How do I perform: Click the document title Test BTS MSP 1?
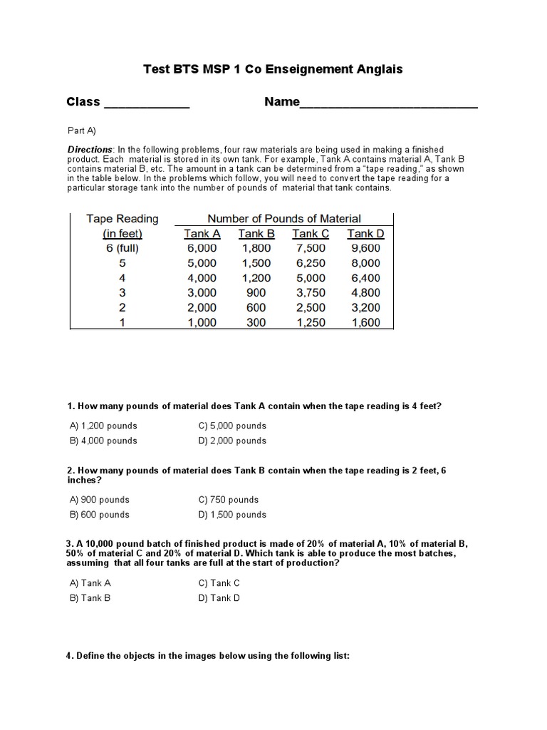pos(273,69)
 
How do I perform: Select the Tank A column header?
pos(202,234)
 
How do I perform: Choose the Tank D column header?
pos(365,234)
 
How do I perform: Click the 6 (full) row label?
pos(122,248)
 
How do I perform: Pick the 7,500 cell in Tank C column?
pos(310,248)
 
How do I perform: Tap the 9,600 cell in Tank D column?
pos(365,248)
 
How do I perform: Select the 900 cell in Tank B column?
pos(256,292)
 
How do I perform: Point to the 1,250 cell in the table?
pos(310,322)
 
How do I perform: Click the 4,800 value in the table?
pos(365,292)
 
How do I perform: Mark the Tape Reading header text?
pos(122,219)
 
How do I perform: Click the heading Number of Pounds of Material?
pos(283,219)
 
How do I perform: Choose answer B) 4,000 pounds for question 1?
pos(103,441)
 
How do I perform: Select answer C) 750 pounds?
pos(229,500)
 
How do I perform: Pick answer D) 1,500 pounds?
pos(232,515)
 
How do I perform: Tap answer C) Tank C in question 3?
pos(219,583)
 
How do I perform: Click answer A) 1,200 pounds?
pos(103,426)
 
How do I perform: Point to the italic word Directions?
pos(90,149)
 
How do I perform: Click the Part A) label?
pos(81,130)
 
